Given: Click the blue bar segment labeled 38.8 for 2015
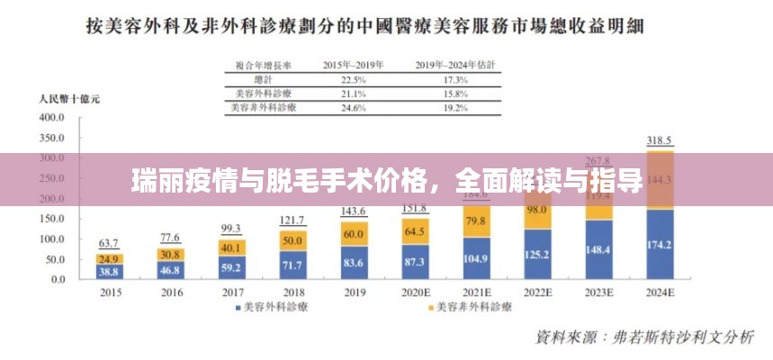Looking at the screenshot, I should [110, 270].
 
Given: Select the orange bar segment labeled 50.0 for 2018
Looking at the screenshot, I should [292, 240].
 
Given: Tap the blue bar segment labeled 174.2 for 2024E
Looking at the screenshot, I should [661, 244].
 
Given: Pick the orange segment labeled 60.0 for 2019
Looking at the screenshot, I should [354, 233].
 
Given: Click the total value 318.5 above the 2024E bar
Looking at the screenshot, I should [661, 140].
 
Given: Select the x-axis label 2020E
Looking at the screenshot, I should [415, 292].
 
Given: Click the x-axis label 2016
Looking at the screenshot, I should [170, 292].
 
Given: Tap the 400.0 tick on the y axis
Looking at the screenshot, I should [51, 117].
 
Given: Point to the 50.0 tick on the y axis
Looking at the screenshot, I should [54, 258].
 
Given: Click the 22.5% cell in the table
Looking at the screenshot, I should [353, 79].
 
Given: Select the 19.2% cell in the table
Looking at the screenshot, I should [454, 108].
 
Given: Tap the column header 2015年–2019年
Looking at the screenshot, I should [353, 65].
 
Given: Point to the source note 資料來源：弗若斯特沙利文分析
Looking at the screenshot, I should [644, 337].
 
